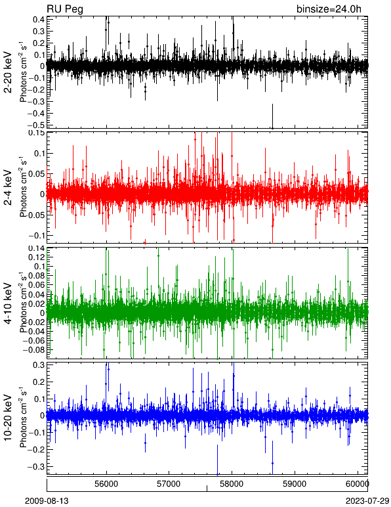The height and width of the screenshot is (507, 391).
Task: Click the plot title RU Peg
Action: [x=64, y=9]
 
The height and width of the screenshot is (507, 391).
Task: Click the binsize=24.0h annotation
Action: [x=329, y=9]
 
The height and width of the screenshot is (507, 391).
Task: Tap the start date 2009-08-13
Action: [x=47, y=501]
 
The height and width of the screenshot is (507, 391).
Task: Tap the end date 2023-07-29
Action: [x=367, y=501]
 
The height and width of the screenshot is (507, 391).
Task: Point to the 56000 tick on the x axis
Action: [x=106, y=484]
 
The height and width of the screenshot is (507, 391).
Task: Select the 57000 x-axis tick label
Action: [x=169, y=484]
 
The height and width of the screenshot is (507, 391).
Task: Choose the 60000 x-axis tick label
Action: [x=358, y=484]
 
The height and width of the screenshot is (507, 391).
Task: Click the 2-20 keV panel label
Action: [x=8, y=72]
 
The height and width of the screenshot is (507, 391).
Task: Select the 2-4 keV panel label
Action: [x=8, y=188]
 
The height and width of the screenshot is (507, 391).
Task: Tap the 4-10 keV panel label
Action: [x=8, y=303]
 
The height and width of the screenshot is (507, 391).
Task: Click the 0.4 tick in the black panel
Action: [x=39, y=19]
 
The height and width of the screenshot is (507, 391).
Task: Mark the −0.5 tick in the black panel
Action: [x=36, y=125]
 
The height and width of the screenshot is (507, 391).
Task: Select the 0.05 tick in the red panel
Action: [x=37, y=173]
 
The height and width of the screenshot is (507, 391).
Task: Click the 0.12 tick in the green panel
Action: [x=37, y=257]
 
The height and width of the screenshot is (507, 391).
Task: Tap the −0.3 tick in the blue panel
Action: [x=36, y=466]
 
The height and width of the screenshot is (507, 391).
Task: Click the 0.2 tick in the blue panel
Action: [x=39, y=382]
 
